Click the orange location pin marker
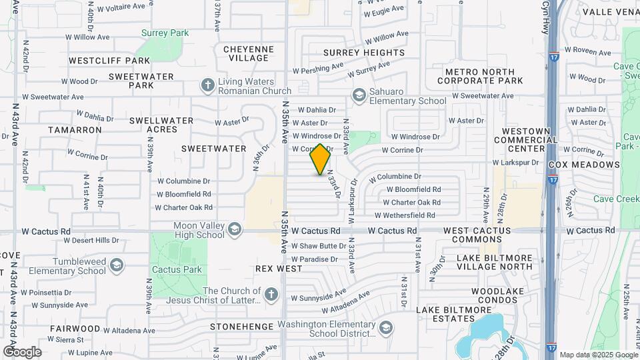[321, 159]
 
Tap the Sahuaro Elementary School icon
[359, 95]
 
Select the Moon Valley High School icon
[234, 230]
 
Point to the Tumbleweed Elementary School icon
[116, 266]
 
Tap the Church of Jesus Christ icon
[271, 295]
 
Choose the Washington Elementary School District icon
[385, 328]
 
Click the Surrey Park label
[165, 33]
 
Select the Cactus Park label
[177, 269]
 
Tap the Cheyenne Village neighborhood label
[248, 53]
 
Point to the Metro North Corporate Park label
[484, 76]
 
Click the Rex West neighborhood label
[279, 269]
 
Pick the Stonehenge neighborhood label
[241, 327]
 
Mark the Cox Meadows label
[584, 165]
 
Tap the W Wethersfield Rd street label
[405, 215]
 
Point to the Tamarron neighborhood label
[75, 130]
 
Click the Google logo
[22, 352]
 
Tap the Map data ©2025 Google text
[598, 355]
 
